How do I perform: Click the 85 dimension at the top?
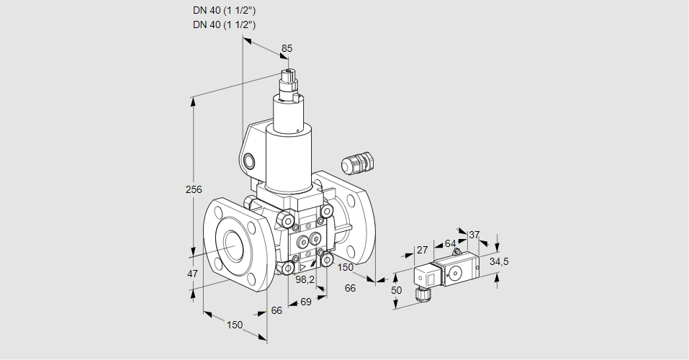pos(287,49)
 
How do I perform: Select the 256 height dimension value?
pos(194,190)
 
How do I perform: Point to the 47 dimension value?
pos(192,274)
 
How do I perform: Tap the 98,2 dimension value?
pos(305,280)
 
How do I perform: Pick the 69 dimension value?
pos(305,301)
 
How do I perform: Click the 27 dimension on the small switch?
pos(422,250)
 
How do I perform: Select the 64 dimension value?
pos(450,243)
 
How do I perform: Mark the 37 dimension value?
pos(474,235)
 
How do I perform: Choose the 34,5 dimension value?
pos(498,261)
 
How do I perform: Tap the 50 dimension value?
pos(395,289)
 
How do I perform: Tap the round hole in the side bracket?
pos(249,160)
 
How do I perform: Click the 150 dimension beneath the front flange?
pos(235,325)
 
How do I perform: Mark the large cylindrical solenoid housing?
pos(289,158)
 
